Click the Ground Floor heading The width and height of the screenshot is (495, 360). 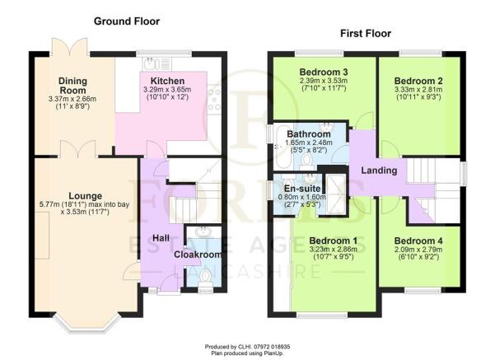[127, 21]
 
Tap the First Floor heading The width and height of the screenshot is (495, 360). [366, 34]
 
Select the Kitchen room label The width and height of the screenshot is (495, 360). [167, 81]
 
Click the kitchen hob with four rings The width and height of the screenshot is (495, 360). [214, 99]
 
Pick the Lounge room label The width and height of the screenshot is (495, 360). [85, 196]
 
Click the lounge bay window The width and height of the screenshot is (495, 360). [86, 323]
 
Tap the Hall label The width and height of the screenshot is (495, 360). [161, 238]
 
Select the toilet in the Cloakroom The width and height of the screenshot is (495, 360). [206, 278]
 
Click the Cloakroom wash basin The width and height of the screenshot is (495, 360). [203, 231]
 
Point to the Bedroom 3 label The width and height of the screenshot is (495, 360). [324, 72]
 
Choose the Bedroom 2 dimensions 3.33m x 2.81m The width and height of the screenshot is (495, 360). [418, 90]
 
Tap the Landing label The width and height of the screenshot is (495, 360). [379, 171]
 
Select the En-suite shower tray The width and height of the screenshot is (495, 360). [336, 194]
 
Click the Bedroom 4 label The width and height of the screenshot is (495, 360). [418, 241]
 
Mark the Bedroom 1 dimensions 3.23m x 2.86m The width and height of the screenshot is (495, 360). [333, 250]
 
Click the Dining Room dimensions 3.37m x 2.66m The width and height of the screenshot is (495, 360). [72, 99]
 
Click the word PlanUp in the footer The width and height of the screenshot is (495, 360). [273, 353]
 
